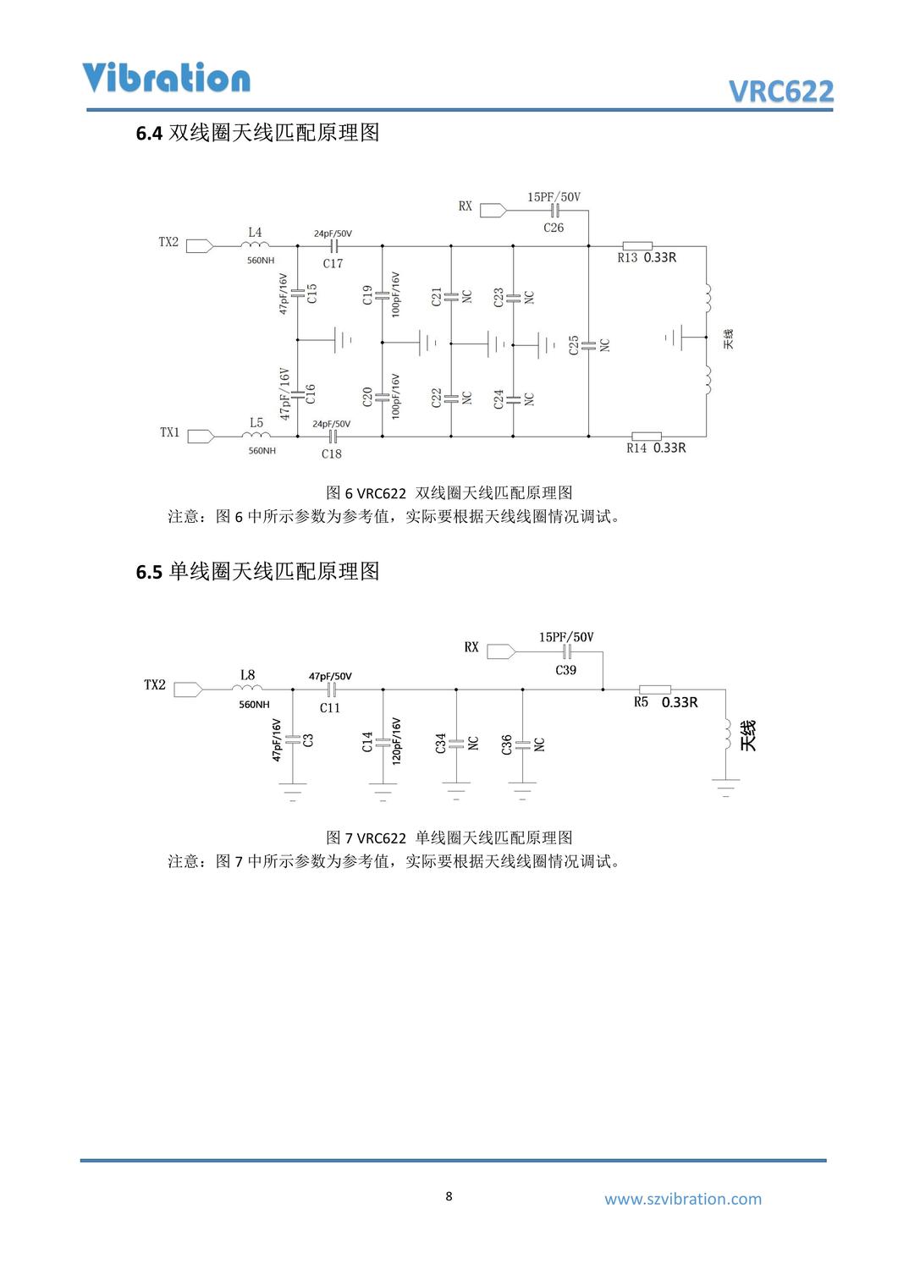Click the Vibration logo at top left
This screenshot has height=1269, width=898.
pyautogui.click(x=167, y=78)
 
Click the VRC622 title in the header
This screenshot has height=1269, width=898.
pyautogui.click(x=780, y=91)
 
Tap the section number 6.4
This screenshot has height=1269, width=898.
pyautogui.click(x=149, y=134)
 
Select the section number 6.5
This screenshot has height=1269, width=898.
pyautogui.click(x=149, y=573)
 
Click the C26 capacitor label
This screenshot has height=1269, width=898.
pyautogui.click(x=554, y=228)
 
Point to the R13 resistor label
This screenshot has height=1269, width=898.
pyautogui.click(x=627, y=258)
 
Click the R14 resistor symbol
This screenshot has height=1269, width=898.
pyautogui.click(x=647, y=437)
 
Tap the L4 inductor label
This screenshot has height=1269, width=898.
pyautogui.click(x=255, y=232)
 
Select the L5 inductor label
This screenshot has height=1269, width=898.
pyautogui.click(x=256, y=422)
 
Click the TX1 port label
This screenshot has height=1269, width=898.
pyautogui.click(x=169, y=432)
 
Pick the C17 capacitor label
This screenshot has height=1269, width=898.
pyautogui.click(x=333, y=264)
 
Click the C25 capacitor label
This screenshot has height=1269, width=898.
pyautogui.click(x=574, y=345)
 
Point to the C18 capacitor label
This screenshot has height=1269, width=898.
pyautogui.click(x=332, y=454)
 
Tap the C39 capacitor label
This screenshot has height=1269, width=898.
pyautogui.click(x=566, y=670)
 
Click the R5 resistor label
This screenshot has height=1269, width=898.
pyautogui.click(x=641, y=702)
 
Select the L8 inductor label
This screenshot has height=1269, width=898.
pyautogui.click(x=247, y=675)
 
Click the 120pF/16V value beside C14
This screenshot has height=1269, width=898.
pyautogui.click(x=396, y=742)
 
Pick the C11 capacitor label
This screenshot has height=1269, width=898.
pyautogui.click(x=330, y=708)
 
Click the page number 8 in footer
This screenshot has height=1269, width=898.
pyautogui.click(x=449, y=1196)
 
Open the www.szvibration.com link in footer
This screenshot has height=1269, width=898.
pyautogui.click(x=682, y=1199)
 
